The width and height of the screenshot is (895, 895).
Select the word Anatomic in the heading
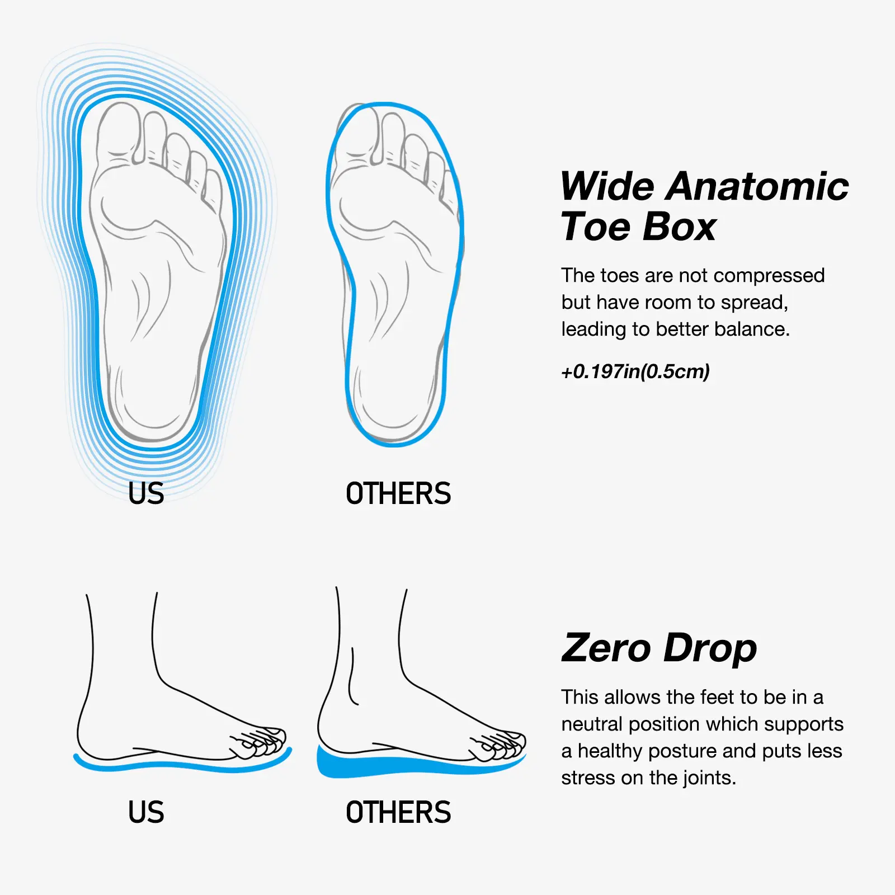click(x=757, y=186)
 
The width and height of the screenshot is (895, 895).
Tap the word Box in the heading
click(x=679, y=227)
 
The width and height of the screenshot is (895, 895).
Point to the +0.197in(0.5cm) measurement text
click(x=635, y=371)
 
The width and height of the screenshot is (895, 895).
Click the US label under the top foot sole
click(x=146, y=493)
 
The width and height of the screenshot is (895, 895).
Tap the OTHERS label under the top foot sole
click(x=398, y=493)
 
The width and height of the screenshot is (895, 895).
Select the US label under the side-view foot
click(x=146, y=812)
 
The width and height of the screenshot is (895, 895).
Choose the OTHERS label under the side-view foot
click(x=398, y=812)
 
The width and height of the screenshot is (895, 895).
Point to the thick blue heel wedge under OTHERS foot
click(x=347, y=762)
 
